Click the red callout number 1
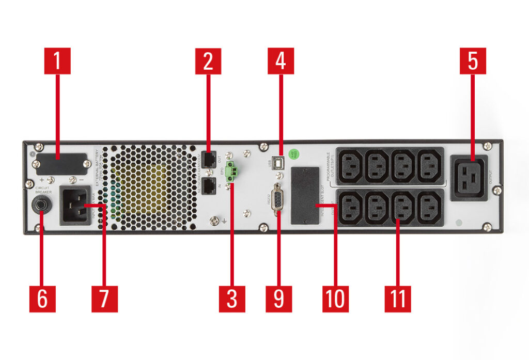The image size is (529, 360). [57, 61]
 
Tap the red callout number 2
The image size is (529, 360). [208, 61]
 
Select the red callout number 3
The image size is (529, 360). [232, 299]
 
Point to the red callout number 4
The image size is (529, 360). [281, 61]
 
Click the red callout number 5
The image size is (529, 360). [473, 61]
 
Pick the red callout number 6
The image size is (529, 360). [42, 299]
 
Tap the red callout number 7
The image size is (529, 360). [104, 299]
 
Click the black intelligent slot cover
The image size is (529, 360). [303, 195]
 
